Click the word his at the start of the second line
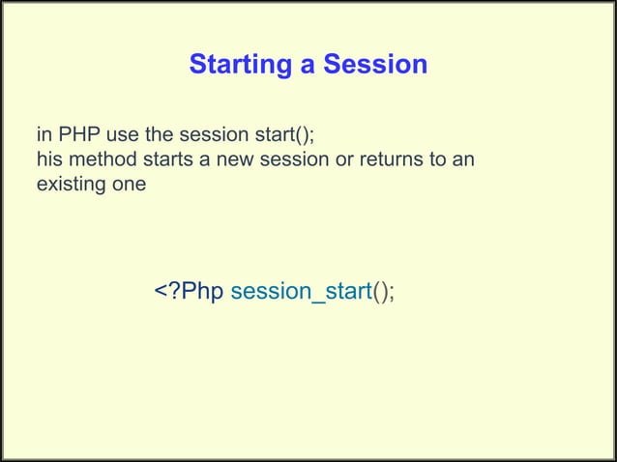[48, 159]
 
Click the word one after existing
[128, 183]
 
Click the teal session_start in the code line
[302, 292]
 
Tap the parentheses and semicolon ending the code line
[384, 292]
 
